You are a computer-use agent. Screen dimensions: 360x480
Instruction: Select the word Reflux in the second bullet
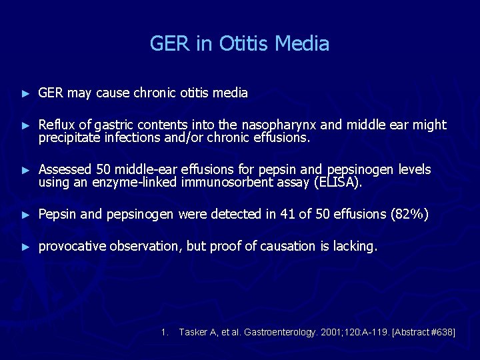click(55, 125)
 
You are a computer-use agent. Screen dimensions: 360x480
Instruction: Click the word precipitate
click(67, 138)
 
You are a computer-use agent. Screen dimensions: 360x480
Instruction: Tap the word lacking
click(355, 246)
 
